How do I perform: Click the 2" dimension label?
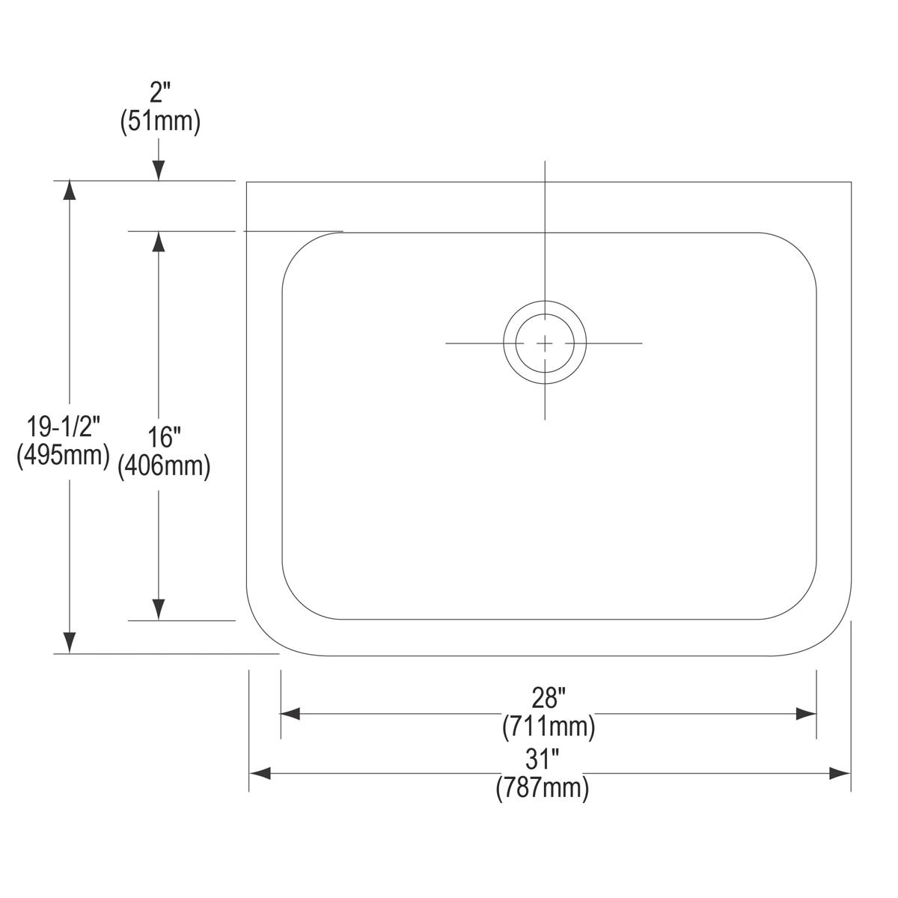pyautogui.click(x=160, y=92)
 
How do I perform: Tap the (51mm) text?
pyautogui.click(x=160, y=122)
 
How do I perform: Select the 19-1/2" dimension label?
pyautogui.click(x=64, y=427)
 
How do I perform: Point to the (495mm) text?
pyautogui.click(x=64, y=454)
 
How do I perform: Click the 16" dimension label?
pyautogui.click(x=164, y=438)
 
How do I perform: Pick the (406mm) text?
pyautogui.click(x=164, y=465)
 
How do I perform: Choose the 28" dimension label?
pyautogui.click(x=549, y=697)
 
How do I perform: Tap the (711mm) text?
pyautogui.click(x=549, y=726)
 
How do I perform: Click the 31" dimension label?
pyautogui.click(x=542, y=759)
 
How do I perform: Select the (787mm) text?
pyautogui.click(x=542, y=787)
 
